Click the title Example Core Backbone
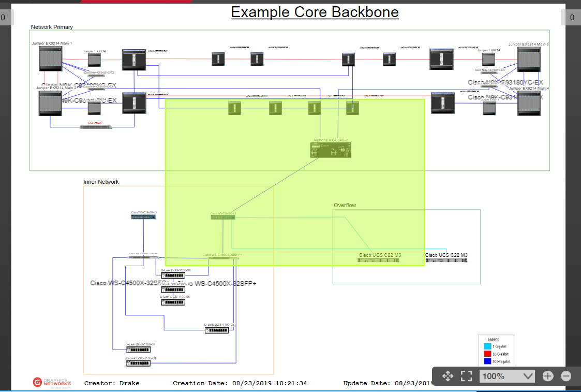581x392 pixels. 315,12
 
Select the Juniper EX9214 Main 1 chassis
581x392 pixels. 51,59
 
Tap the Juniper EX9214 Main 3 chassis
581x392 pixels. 529,59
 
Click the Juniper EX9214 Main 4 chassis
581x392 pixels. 529,103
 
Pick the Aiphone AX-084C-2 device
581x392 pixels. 331,150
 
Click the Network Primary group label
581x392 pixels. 52,27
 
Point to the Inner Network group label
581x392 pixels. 101,182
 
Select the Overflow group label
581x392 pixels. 345,205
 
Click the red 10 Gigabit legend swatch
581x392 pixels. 487,354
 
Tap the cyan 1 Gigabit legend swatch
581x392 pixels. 487,346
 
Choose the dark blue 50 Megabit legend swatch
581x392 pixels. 487,361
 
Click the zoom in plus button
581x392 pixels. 548,376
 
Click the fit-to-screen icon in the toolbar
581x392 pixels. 466,376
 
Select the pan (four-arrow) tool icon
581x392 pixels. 448,376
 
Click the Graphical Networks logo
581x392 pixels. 51,382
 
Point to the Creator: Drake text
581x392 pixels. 112,383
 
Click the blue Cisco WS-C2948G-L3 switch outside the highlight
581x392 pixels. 143,217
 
